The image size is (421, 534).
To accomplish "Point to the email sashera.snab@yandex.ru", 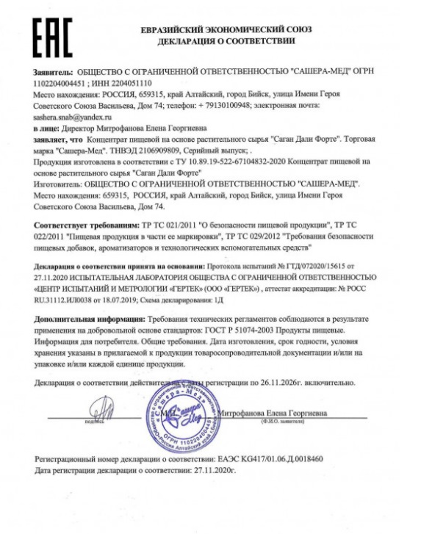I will click(x=71, y=117).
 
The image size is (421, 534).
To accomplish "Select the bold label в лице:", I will click(x=48, y=128).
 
